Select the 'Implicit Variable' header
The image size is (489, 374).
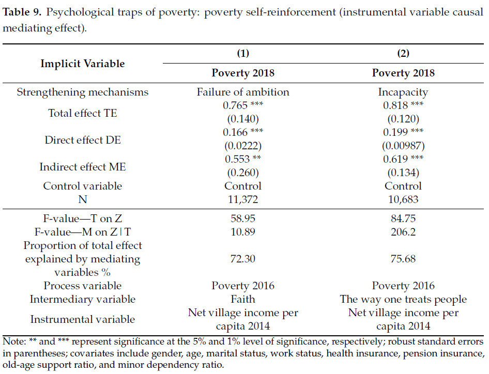[83, 64]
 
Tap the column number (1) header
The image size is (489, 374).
[242, 53]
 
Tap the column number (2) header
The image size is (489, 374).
[403, 53]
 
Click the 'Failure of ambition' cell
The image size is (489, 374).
[243, 92]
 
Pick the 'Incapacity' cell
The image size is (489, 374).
[403, 92]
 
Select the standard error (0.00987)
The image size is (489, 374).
[403, 146]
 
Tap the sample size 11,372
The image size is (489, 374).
[243, 199]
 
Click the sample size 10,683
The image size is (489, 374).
[403, 199]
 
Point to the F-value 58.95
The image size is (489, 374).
[243, 218]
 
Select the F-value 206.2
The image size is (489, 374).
[403, 231]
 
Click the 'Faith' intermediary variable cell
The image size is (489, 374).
[243, 299]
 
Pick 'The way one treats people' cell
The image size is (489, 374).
[403, 299]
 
